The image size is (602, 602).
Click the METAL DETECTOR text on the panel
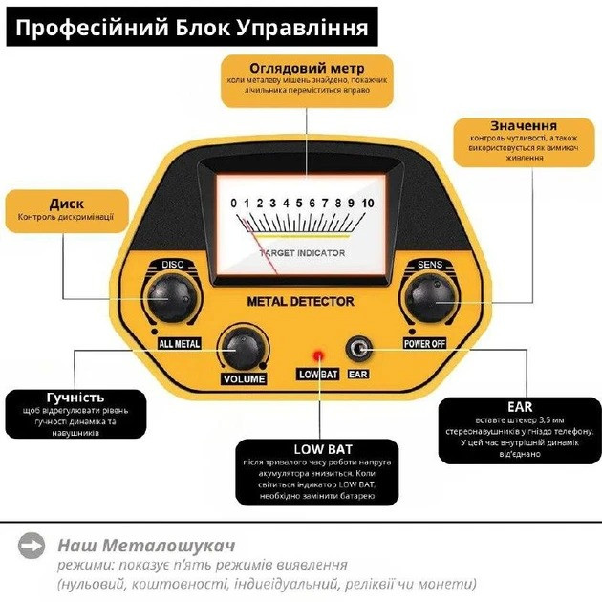[300, 302]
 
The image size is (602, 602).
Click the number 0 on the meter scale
[233, 203]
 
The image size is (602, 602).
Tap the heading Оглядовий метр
[307, 69]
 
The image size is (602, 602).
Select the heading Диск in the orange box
[66, 204]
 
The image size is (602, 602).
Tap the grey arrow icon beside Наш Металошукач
[32, 545]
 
